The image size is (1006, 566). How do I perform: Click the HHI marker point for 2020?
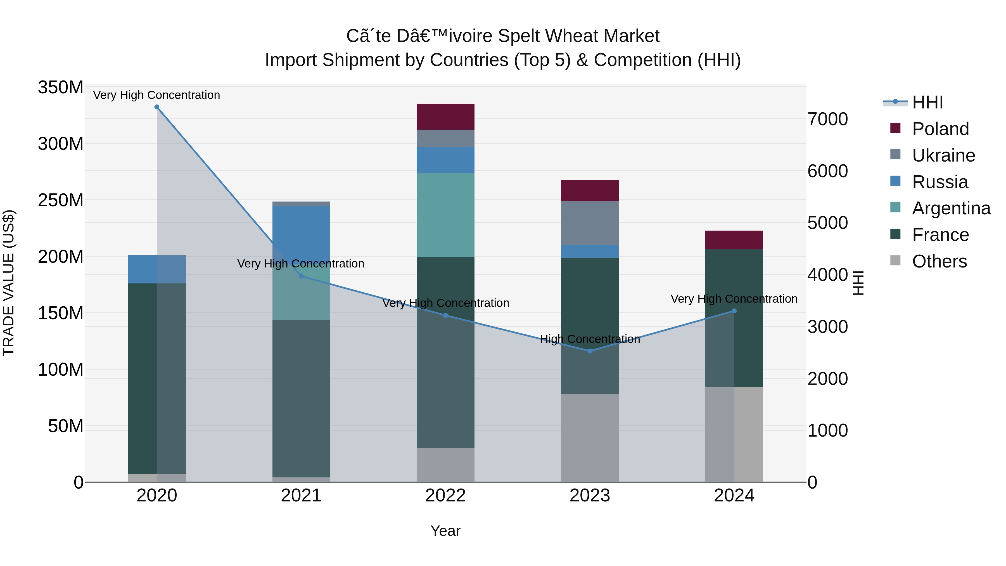tap(156, 107)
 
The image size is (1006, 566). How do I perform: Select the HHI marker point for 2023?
tap(590, 351)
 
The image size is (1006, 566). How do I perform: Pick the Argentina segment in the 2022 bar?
tap(445, 215)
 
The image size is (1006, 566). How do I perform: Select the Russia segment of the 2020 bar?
tap(156, 269)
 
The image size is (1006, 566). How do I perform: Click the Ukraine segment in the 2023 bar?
tap(590, 223)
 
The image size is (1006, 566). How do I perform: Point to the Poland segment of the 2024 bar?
tap(734, 240)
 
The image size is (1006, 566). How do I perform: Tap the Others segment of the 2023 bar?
tap(590, 437)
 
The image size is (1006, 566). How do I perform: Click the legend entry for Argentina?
tap(951, 208)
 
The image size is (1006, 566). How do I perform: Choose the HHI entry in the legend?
tap(927, 102)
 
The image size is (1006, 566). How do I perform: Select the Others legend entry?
tap(939, 261)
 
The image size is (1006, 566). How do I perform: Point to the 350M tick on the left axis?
tap(61, 87)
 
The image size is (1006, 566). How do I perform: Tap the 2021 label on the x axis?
tap(301, 496)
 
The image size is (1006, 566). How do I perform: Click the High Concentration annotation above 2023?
tap(590, 339)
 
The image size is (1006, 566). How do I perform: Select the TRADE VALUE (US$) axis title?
tap(9, 283)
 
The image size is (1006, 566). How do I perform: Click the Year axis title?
tap(445, 531)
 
